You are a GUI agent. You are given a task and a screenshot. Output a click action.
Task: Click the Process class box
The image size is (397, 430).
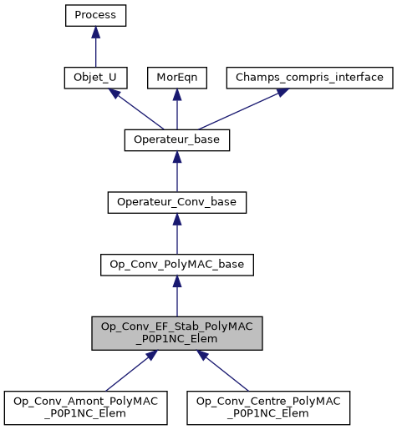95,15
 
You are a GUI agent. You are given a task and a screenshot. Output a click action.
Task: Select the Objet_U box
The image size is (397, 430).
95,78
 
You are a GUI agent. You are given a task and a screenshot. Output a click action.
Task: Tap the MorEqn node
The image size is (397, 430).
176,78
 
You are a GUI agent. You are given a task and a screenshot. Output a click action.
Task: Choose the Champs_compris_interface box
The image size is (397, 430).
309,78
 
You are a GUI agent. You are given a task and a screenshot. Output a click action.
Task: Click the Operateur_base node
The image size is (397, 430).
176,139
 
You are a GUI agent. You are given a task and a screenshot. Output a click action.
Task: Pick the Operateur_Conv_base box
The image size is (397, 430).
176,202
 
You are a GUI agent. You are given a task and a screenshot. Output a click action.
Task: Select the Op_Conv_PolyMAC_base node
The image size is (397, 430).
176,265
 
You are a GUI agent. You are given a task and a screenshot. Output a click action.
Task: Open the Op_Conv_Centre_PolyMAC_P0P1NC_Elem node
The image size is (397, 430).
268,407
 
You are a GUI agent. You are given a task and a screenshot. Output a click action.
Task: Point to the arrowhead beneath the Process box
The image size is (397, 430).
95,33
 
